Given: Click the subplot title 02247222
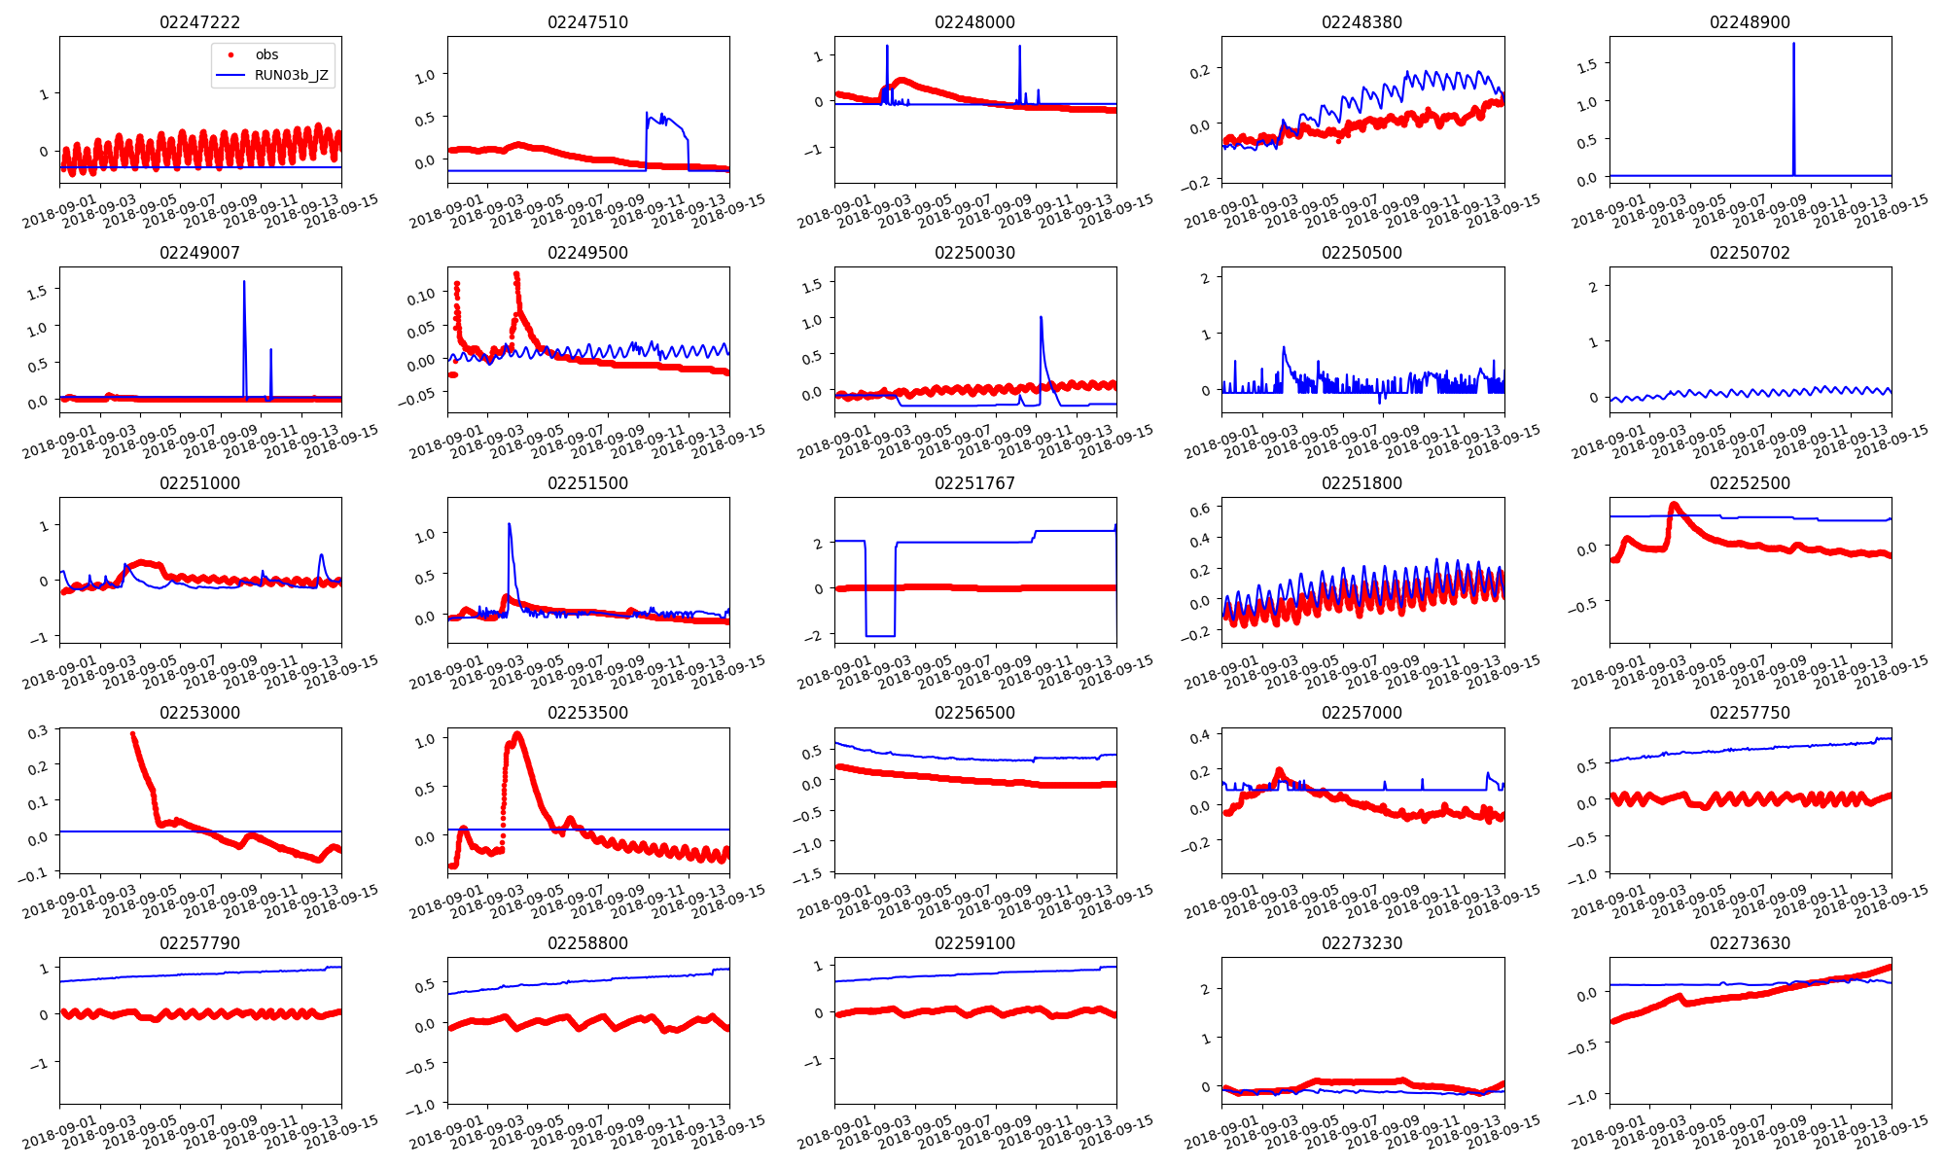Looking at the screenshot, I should pos(199,22).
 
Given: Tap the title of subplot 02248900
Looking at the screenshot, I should pos(1750,22).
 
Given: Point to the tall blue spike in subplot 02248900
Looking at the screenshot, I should pos(1793,45).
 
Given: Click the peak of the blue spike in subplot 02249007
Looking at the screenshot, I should pos(244,282).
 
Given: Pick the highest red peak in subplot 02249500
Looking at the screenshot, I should pos(516,274).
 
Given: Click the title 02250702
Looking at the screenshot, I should pos(1750,253).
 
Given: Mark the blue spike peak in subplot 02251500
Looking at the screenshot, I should pos(510,525).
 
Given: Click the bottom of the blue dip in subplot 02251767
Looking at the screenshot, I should pos(880,635).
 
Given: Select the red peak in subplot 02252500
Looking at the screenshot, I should pos(1674,504).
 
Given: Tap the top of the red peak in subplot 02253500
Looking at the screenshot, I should pos(517,734).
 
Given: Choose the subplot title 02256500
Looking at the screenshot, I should pos(974,713).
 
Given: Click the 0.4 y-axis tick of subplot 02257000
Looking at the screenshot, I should pos(1200,737).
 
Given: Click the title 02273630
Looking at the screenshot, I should pos(1750,943).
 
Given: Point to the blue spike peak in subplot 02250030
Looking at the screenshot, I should pos(1041,317).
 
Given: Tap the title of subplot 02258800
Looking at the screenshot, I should pos(587,943).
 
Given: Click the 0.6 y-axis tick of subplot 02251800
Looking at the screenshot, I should pos(1200,509).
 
